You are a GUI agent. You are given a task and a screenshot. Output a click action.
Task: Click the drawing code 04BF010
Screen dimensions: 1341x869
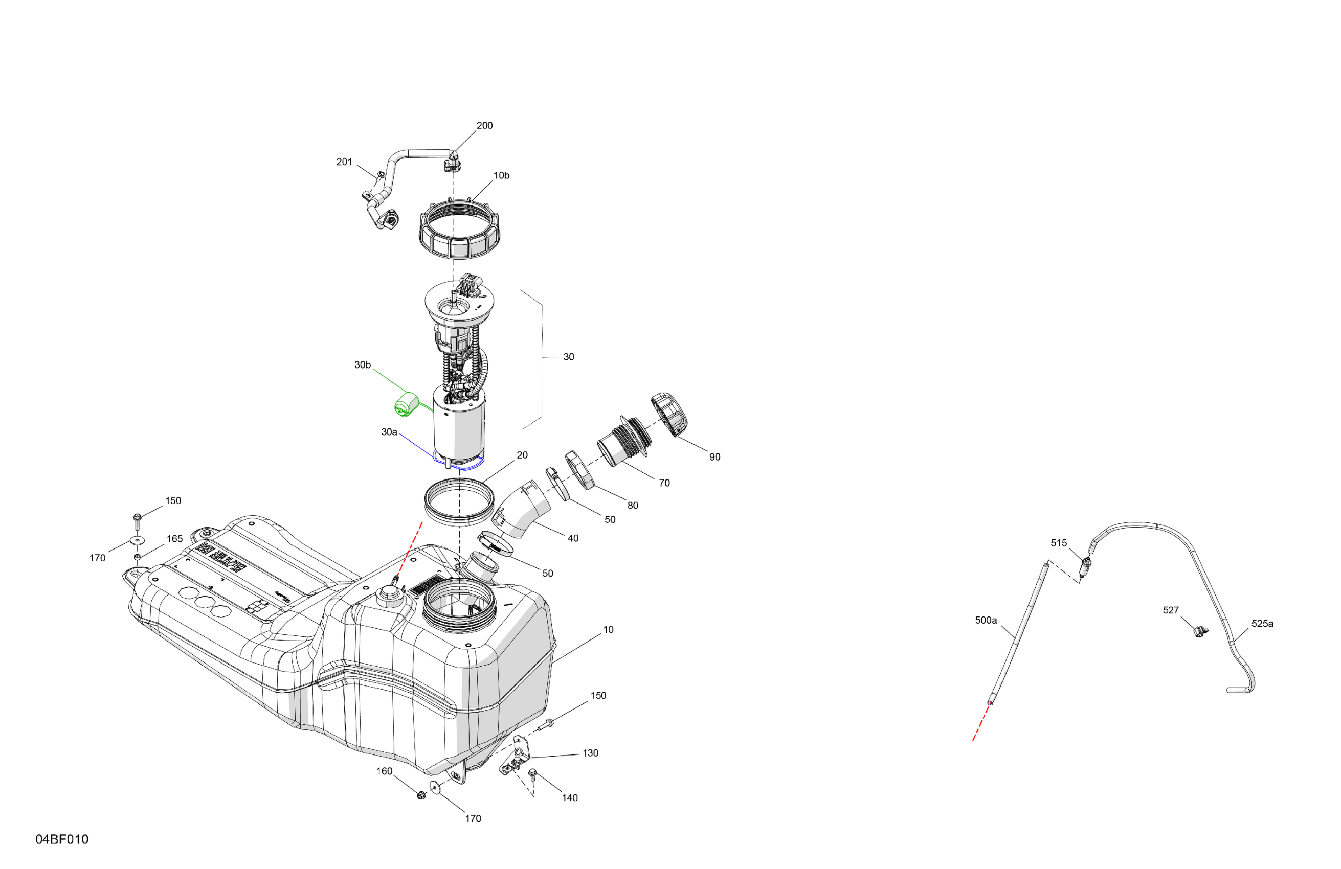coord(62,840)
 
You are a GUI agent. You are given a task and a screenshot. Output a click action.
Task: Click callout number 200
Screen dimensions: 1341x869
coord(484,126)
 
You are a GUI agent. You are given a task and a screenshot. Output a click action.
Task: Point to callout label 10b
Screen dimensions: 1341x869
coord(501,176)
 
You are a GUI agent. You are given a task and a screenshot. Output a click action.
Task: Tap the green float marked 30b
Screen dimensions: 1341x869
coord(405,405)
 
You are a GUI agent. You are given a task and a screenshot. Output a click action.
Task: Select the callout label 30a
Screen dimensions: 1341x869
coord(389,432)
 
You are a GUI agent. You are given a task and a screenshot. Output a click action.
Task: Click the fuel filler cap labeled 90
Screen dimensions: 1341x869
coord(670,415)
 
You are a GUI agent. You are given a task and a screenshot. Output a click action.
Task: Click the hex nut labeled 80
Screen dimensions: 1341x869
coord(580,470)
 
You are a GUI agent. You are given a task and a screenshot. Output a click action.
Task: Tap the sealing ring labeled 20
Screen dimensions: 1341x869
coord(458,498)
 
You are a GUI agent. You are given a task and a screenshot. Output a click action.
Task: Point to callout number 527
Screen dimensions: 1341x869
coord(1170,610)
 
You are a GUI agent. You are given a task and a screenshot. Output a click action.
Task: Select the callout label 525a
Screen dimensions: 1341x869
coord(1262,624)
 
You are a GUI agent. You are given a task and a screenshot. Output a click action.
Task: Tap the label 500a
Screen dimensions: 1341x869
coord(986,620)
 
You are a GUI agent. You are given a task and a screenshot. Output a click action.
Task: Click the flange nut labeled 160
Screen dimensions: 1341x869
coord(420,795)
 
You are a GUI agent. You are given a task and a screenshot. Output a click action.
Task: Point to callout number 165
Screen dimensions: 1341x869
coord(175,538)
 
